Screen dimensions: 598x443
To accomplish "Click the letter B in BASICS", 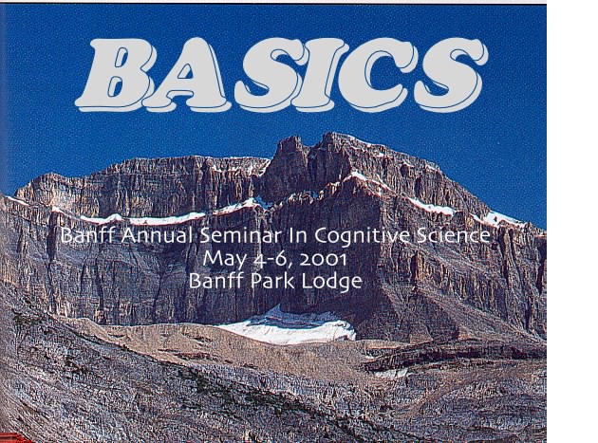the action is tap(115, 74).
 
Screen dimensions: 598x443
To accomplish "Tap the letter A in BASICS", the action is tap(187, 74).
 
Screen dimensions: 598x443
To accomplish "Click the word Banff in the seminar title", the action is tap(88, 235).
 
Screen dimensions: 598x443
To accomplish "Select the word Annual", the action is tap(158, 235).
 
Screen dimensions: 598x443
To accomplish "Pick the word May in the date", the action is tap(225, 260).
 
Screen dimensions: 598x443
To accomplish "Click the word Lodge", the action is tap(331, 282).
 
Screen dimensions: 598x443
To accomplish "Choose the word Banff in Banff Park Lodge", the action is tap(216, 282).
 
